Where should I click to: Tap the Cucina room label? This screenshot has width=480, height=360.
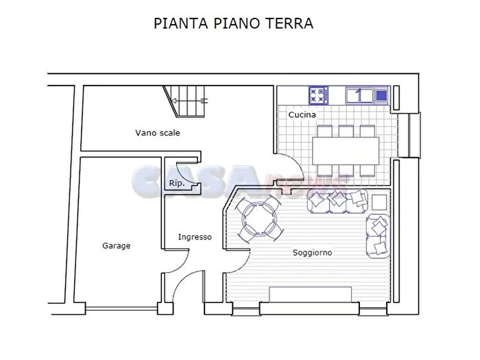[x=302, y=115]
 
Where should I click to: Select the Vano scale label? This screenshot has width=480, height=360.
[x=158, y=133]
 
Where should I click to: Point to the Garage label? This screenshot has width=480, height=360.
[x=116, y=245]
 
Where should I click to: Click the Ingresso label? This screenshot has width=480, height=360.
[x=195, y=237]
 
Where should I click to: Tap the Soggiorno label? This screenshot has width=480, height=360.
[x=312, y=253]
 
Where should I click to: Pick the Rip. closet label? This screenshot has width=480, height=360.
[x=176, y=183]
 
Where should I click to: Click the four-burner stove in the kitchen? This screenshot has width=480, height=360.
[x=319, y=94]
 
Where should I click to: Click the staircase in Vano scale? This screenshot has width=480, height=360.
[x=189, y=101]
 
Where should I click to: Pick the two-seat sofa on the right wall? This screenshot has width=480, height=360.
[x=379, y=237]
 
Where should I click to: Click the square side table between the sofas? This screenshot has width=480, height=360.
[x=379, y=202]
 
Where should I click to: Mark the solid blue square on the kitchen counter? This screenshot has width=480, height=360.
[x=382, y=94]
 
